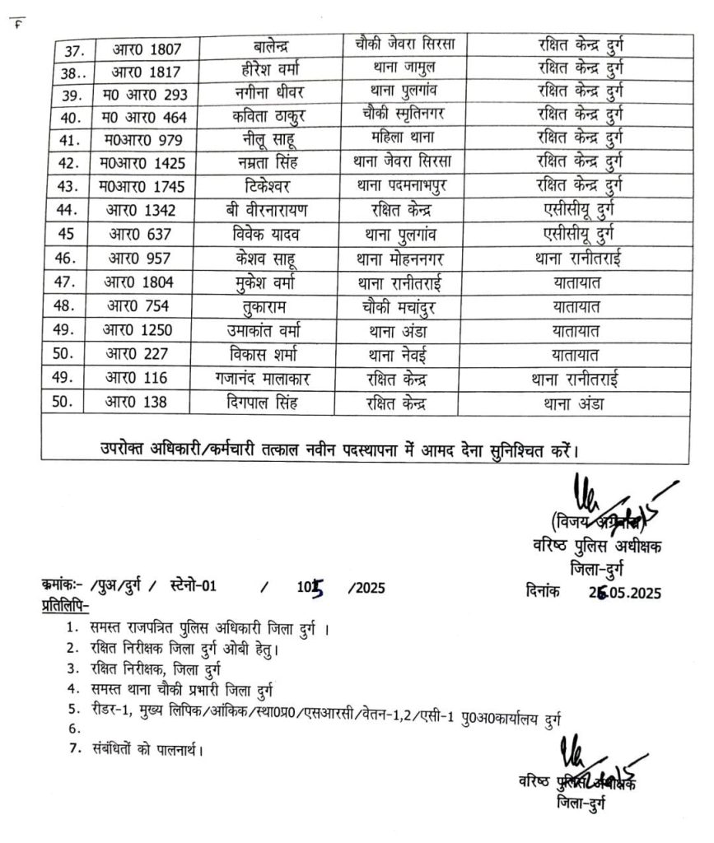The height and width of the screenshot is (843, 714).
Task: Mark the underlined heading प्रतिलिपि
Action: (68, 607)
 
